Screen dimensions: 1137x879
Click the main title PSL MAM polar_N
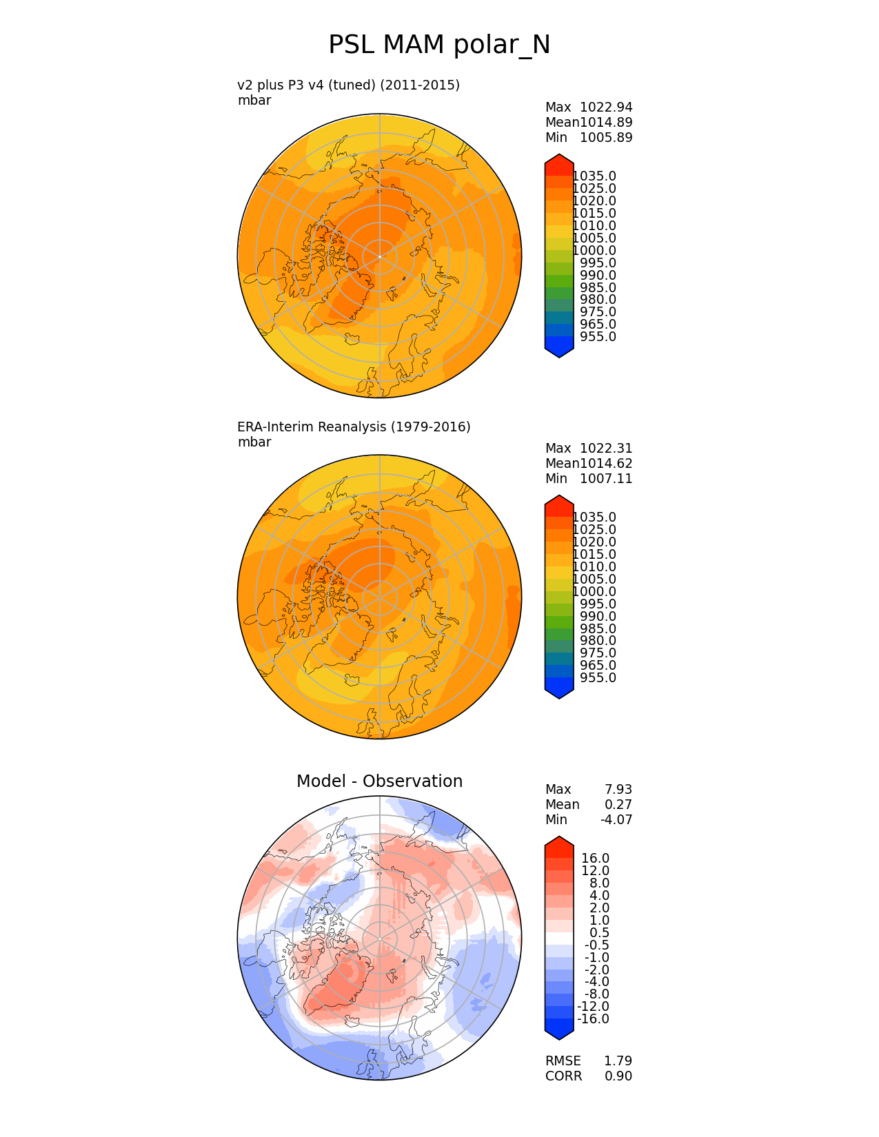tap(439, 45)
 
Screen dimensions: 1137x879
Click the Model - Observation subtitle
tap(379, 781)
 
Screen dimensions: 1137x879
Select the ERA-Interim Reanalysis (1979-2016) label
tap(354, 427)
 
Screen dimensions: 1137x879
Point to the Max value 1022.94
tap(606, 107)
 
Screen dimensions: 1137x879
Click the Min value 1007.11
tap(606, 479)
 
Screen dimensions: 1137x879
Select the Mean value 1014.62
tap(606, 464)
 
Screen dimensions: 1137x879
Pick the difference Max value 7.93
tap(618, 790)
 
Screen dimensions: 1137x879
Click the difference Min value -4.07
tap(616, 820)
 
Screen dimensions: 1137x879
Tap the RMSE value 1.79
tap(618, 1061)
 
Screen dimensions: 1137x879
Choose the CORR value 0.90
tap(618, 1076)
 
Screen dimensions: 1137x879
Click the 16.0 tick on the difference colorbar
tap(596, 859)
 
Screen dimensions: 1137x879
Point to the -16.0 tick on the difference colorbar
tap(593, 1019)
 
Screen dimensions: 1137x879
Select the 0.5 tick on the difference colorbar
tap(598, 933)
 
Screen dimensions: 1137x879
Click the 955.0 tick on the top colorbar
tap(598, 337)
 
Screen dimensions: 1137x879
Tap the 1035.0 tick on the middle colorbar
tap(594, 518)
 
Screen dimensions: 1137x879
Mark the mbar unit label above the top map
tap(254, 101)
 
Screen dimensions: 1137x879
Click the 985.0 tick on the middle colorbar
tap(598, 629)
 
